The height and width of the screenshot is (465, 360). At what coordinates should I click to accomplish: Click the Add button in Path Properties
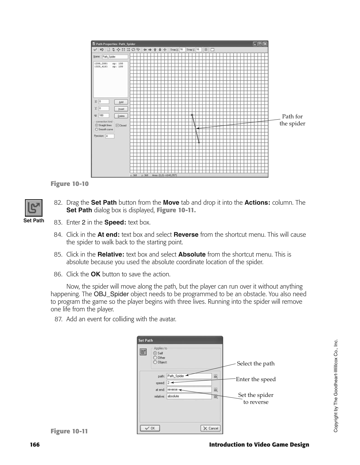(121, 102)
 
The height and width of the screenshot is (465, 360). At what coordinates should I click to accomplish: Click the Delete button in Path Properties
(121, 116)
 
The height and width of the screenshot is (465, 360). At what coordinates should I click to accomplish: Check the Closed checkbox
(117, 126)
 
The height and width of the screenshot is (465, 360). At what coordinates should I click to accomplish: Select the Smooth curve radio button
(96, 130)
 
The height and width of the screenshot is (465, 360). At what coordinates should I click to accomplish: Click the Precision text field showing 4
(109, 136)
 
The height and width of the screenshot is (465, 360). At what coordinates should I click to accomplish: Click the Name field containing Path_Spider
(114, 57)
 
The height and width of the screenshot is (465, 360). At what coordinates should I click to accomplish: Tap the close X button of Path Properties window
(265, 44)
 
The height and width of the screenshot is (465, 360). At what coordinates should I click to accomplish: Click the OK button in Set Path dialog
(150, 428)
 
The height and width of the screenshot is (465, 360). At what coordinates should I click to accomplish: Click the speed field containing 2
(189, 383)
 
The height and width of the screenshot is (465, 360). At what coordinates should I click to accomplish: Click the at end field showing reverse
(189, 389)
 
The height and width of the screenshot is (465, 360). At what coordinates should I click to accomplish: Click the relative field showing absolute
(189, 396)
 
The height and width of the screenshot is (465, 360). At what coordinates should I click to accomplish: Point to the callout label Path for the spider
(292, 120)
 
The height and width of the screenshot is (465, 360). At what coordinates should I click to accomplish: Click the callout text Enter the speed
(256, 379)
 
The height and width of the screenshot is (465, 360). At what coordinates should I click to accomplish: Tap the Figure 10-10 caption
(70, 184)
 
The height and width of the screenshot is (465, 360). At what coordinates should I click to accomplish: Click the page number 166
(35, 444)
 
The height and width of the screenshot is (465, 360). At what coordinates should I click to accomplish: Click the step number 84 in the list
(59, 235)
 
